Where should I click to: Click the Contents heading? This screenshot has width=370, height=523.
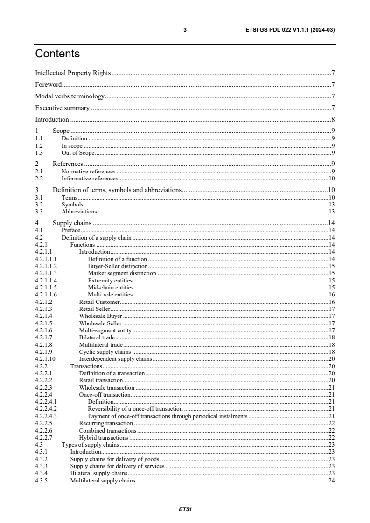click(x=57, y=54)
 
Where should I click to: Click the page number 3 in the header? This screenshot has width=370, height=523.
click(x=185, y=30)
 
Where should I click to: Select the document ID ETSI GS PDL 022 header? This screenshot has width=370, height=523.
click(x=290, y=30)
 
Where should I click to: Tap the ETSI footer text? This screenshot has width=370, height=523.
click(x=185, y=509)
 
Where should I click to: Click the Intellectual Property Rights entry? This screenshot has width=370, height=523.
click(x=73, y=73)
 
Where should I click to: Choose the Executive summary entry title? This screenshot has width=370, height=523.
click(x=62, y=108)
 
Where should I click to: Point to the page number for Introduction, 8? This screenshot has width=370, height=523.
click(x=333, y=119)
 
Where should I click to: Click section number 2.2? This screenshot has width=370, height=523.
click(x=39, y=178)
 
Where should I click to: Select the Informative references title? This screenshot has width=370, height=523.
click(x=90, y=178)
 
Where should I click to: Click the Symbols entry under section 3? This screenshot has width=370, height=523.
click(x=72, y=205)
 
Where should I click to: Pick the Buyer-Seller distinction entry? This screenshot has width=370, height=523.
click(x=118, y=266)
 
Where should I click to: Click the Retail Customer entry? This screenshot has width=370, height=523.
click(x=99, y=302)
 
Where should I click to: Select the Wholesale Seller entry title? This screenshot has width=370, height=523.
click(x=100, y=323)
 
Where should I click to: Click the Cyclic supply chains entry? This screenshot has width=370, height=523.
click(x=105, y=352)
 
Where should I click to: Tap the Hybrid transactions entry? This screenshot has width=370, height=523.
click(x=103, y=438)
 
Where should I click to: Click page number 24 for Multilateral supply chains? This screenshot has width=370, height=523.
click(x=332, y=481)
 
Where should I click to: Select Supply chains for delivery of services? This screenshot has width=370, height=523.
click(x=117, y=466)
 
